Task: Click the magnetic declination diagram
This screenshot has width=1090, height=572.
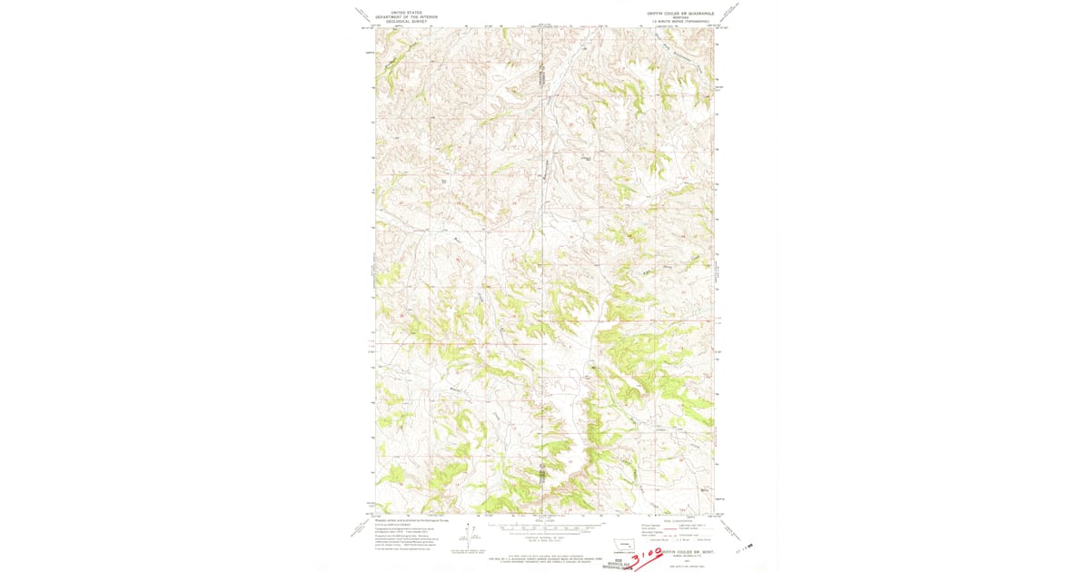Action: pos(467,537)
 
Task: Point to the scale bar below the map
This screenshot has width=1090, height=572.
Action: pos(544,527)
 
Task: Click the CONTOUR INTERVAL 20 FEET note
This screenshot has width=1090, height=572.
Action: pos(544,539)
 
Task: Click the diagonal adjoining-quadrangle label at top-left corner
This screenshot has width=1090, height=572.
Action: pos(362,15)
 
